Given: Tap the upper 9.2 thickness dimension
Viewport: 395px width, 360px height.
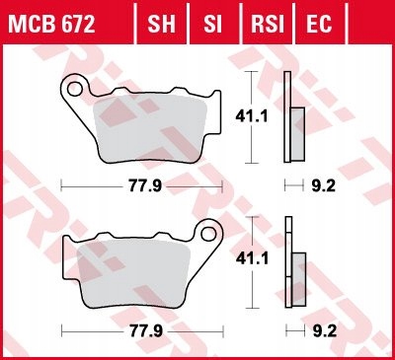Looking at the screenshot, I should [318, 184].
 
